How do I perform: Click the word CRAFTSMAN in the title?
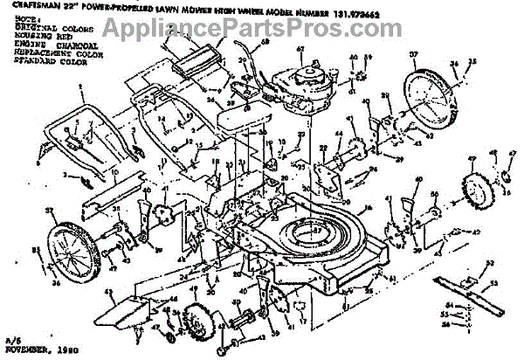[26, 6]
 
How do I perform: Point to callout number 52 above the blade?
[486, 263]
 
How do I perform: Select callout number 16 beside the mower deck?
[369, 207]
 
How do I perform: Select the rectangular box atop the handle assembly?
[193, 60]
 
